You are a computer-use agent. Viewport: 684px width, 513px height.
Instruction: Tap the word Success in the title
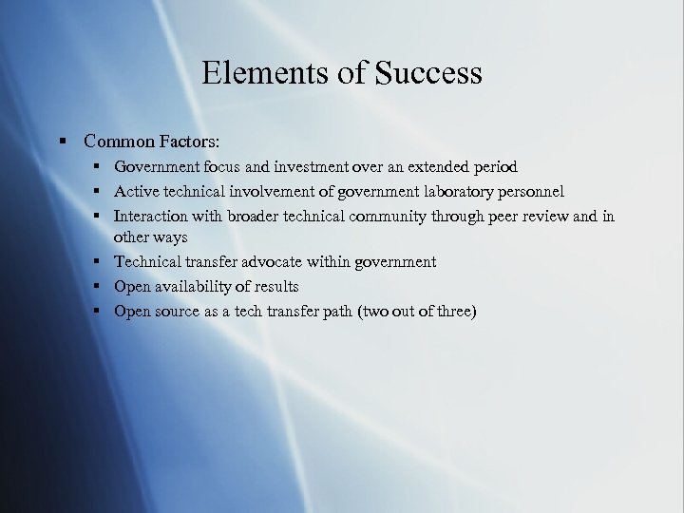428,73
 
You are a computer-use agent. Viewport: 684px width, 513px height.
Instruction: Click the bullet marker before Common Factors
63,142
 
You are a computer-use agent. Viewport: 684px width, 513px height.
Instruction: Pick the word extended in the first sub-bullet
436,167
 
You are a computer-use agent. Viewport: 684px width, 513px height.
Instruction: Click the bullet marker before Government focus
98,167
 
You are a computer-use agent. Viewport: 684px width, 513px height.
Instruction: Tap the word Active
137,192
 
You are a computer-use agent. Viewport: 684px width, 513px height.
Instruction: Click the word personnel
530,192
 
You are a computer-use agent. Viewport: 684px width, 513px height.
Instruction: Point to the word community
389,216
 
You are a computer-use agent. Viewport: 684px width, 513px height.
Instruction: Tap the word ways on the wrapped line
171,237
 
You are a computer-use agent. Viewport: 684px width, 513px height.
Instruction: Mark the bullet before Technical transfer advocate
98,261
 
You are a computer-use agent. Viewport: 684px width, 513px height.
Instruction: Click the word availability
195,286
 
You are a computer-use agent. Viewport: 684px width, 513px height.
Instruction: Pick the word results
275,286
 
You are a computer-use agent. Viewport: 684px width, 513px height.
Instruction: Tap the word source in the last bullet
180,311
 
